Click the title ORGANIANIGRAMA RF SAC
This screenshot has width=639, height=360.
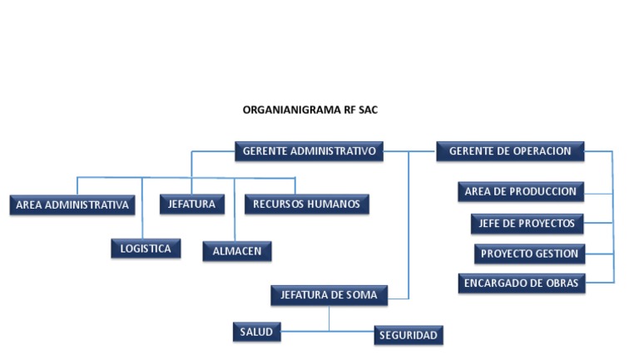[x=310, y=110]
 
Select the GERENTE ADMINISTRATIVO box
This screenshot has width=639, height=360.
[x=309, y=151]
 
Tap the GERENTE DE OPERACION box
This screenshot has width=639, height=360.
[x=510, y=151]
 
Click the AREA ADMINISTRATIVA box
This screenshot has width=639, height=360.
[x=72, y=205]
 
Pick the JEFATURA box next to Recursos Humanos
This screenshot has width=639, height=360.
[x=191, y=204]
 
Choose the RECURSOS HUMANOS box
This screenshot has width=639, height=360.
[x=306, y=204]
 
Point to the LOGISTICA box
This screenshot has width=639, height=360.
[x=146, y=249]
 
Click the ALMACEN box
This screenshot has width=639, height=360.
[x=236, y=251]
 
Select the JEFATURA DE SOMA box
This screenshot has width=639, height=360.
[x=329, y=295]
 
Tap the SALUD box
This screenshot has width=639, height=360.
[x=256, y=333]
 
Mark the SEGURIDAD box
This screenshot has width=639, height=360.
[x=408, y=335]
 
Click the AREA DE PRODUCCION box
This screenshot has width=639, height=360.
[x=520, y=192]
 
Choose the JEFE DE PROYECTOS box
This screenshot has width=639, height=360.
[x=526, y=223]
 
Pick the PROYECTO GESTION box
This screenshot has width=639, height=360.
[x=529, y=254]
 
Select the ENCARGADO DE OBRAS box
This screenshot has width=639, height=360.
[x=521, y=284]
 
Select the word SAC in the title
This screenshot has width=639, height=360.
[x=367, y=110]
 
